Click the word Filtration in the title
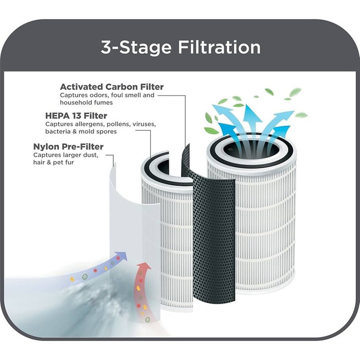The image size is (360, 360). pos(219,48)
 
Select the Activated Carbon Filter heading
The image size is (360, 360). pos(111,87)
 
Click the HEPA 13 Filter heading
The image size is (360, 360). pos(76,116)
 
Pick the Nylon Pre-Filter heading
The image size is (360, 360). pos(68,146)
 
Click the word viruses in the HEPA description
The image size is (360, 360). pos(144,124)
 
